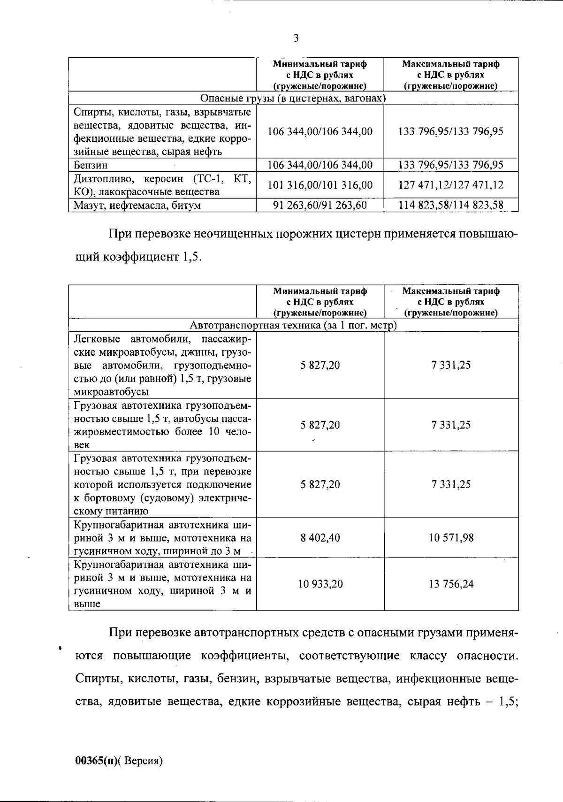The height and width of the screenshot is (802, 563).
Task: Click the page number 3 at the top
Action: point(296,38)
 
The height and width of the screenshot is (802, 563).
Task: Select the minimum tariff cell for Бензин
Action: point(320,165)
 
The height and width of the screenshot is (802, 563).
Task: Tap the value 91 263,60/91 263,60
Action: point(320,205)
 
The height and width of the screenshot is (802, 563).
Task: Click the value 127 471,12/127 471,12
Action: point(451,185)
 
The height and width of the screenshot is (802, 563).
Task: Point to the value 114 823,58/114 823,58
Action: point(451,205)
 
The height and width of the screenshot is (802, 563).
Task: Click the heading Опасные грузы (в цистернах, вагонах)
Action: point(293,98)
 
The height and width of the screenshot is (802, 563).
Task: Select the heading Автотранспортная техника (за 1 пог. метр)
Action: point(293,325)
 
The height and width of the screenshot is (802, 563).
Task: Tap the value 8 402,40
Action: point(320,537)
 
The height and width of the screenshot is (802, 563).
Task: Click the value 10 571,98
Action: point(451,537)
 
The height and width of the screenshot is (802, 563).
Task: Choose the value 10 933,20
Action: point(320,584)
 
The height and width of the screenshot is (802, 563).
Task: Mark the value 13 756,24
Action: point(451,584)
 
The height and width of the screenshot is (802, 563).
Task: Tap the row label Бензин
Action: point(91,165)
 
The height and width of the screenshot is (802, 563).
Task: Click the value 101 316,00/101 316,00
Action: point(320,185)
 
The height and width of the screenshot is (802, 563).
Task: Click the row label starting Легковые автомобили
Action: point(162,365)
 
